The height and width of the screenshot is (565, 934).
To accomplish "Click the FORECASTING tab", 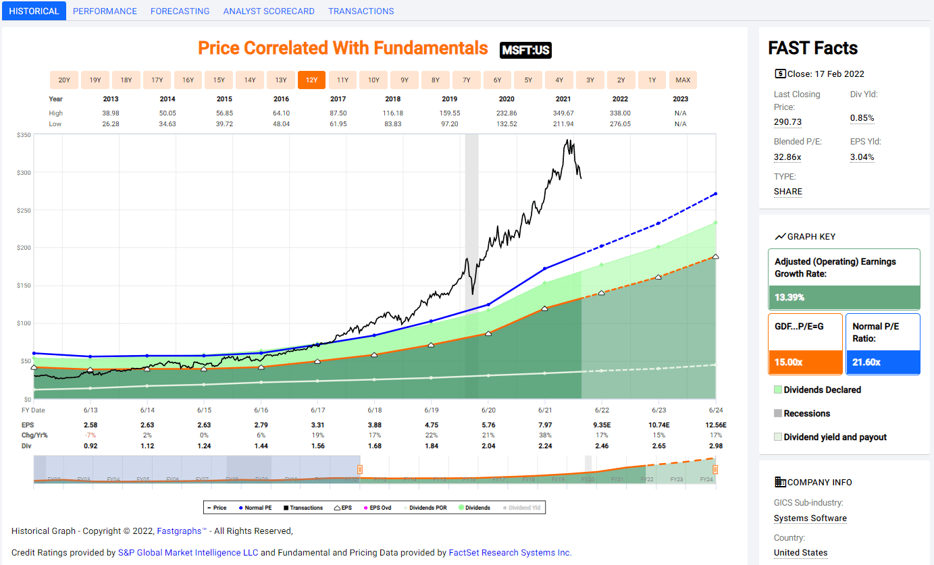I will click(x=180, y=11).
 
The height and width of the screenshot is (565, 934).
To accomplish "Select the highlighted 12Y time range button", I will click(x=311, y=80).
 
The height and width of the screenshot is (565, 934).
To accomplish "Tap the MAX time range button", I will click(x=683, y=80).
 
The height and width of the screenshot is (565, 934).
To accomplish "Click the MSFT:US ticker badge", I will click(x=526, y=50).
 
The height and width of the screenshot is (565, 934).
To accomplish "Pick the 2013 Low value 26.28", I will click(x=111, y=124).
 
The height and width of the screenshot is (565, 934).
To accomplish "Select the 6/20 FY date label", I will click(x=488, y=410).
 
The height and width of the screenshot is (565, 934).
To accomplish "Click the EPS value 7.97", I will click(x=544, y=425).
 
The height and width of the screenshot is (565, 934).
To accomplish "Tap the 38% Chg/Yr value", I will click(x=544, y=435).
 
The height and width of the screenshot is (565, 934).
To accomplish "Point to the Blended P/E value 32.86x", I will click(x=787, y=157).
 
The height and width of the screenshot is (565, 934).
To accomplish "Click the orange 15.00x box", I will click(x=805, y=362).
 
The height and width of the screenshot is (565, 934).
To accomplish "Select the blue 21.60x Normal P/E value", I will click(x=882, y=362).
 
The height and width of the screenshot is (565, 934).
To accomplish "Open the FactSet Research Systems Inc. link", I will click(x=510, y=552).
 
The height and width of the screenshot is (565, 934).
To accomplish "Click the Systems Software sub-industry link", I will click(x=810, y=518).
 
